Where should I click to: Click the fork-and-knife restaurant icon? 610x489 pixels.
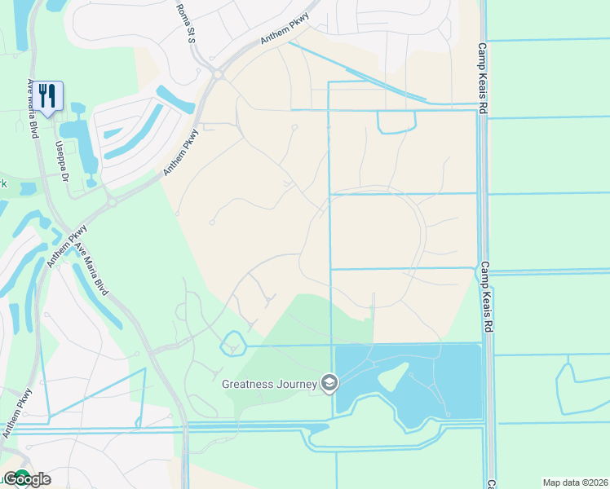click(x=48, y=97)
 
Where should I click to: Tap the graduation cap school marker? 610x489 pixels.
click(x=329, y=382)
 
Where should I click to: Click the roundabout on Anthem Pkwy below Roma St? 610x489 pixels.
click(x=219, y=75)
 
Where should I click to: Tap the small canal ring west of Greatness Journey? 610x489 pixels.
click(x=233, y=343)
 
